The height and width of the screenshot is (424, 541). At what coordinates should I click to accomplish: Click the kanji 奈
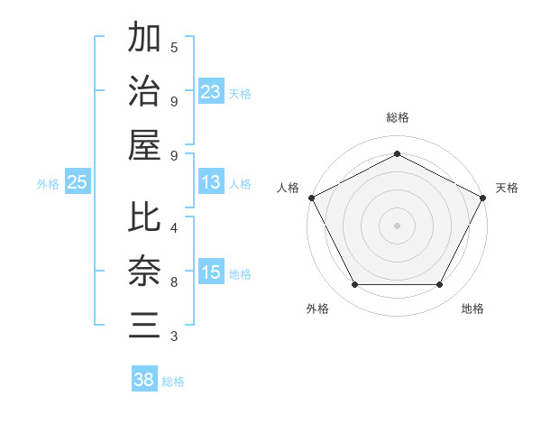[x=144, y=272]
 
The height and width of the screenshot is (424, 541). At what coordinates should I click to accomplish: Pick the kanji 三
[x=144, y=324]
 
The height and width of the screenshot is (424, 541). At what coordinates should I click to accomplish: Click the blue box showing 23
[x=211, y=91]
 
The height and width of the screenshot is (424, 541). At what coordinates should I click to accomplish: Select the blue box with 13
[x=211, y=182]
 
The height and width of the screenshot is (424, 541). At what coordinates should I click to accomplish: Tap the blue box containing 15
[x=211, y=272]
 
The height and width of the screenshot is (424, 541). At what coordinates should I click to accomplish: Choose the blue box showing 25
[x=78, y=182]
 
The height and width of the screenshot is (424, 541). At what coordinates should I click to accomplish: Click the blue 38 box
[x=144, y=380]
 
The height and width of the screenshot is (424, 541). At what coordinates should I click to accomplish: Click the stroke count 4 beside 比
[x=174, y=227]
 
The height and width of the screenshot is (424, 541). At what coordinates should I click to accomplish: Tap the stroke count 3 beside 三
[x=174, y=337]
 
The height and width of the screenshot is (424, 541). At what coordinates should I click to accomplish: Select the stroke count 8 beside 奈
[x=174, y=283]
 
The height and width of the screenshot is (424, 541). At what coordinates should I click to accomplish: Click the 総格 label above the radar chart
[x=397, y=117]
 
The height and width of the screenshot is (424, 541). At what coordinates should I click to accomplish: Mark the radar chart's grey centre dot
[x=397, y=225]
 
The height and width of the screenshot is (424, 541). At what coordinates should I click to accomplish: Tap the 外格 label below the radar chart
[x=317, y=309]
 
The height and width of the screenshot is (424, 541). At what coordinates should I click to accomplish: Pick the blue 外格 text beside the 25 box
[x=48, y=184]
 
